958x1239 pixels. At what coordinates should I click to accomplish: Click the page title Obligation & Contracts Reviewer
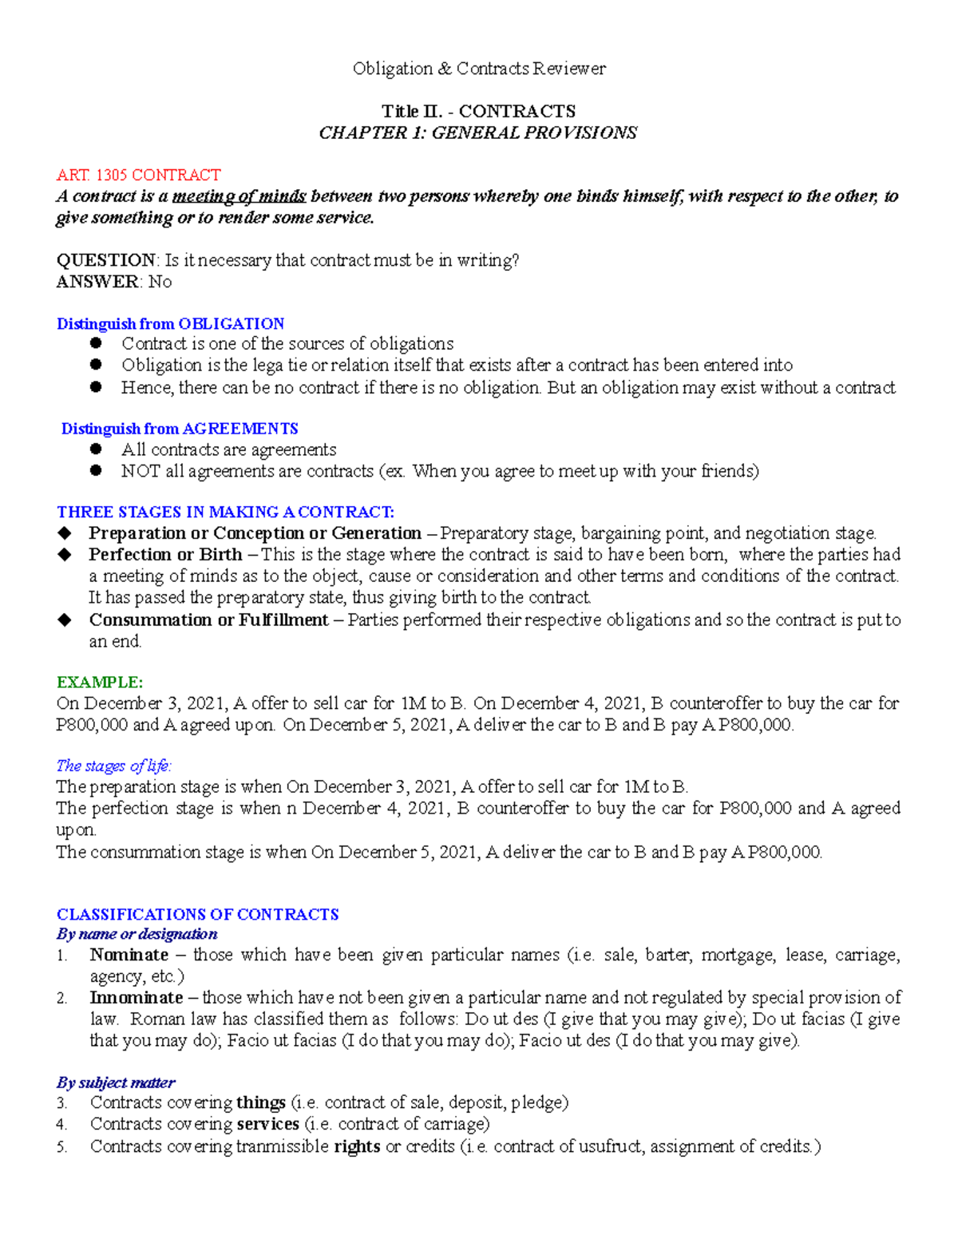tap(479, 69)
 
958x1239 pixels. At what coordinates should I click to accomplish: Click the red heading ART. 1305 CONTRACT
tap(138, 175)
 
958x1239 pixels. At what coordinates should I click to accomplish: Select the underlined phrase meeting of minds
tap(239, 196)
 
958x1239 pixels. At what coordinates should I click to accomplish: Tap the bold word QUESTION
tap(106, 260)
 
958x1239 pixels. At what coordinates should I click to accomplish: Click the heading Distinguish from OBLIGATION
tap(170, 323)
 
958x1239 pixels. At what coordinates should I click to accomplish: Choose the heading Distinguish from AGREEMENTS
tap(180, 429)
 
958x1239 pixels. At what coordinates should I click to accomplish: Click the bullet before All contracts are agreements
tap(97, 449)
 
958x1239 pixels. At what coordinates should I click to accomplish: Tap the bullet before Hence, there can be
tap(97, 387)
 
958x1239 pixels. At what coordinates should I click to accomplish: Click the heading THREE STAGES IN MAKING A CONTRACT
tap(225, 512)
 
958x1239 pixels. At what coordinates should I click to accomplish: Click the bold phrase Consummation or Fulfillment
tap(208, 620)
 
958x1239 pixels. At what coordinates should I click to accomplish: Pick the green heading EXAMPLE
tap(100, 682)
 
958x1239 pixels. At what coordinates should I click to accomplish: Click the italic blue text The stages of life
tap(114, 766)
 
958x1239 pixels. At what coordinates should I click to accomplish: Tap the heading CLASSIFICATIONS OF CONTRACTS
tap(197, 914)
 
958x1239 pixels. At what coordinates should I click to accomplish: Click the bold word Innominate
tap(137, 998)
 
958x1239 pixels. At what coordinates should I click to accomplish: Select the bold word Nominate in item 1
tap(129, 955)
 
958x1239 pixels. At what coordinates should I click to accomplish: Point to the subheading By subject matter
tap(116, 1083)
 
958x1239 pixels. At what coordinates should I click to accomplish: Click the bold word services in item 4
tap(267, 1124)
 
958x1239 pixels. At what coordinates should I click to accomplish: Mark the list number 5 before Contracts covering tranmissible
tap(62, 1147)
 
